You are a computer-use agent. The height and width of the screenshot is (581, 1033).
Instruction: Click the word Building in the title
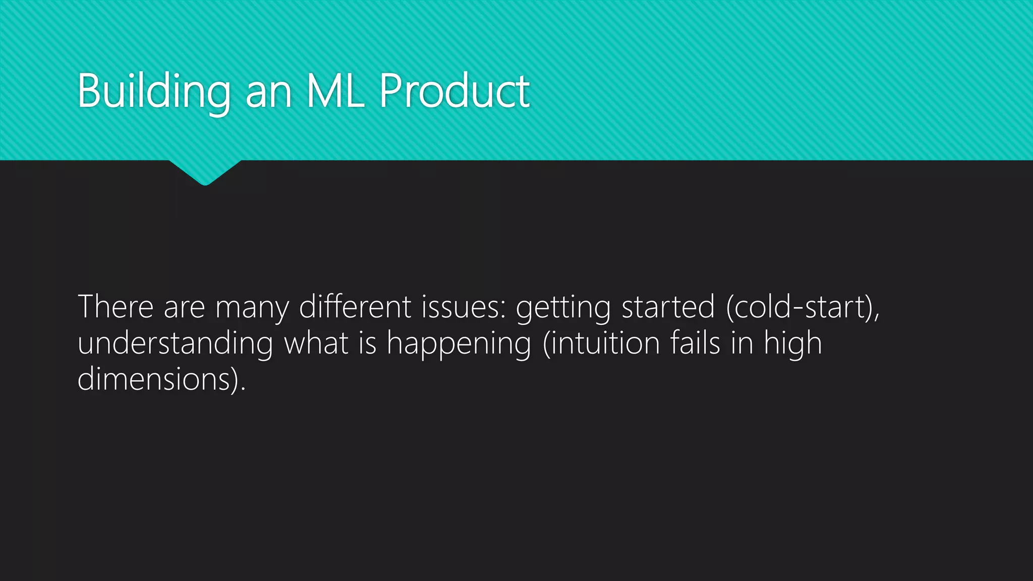click(x=154, y=92)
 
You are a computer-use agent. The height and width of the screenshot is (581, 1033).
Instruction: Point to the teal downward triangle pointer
click(x=205, y=171)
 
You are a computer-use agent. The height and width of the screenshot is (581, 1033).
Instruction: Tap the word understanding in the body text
click(x=175, y=344)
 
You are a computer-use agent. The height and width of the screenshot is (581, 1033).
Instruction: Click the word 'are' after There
click(x=184, y=308)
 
